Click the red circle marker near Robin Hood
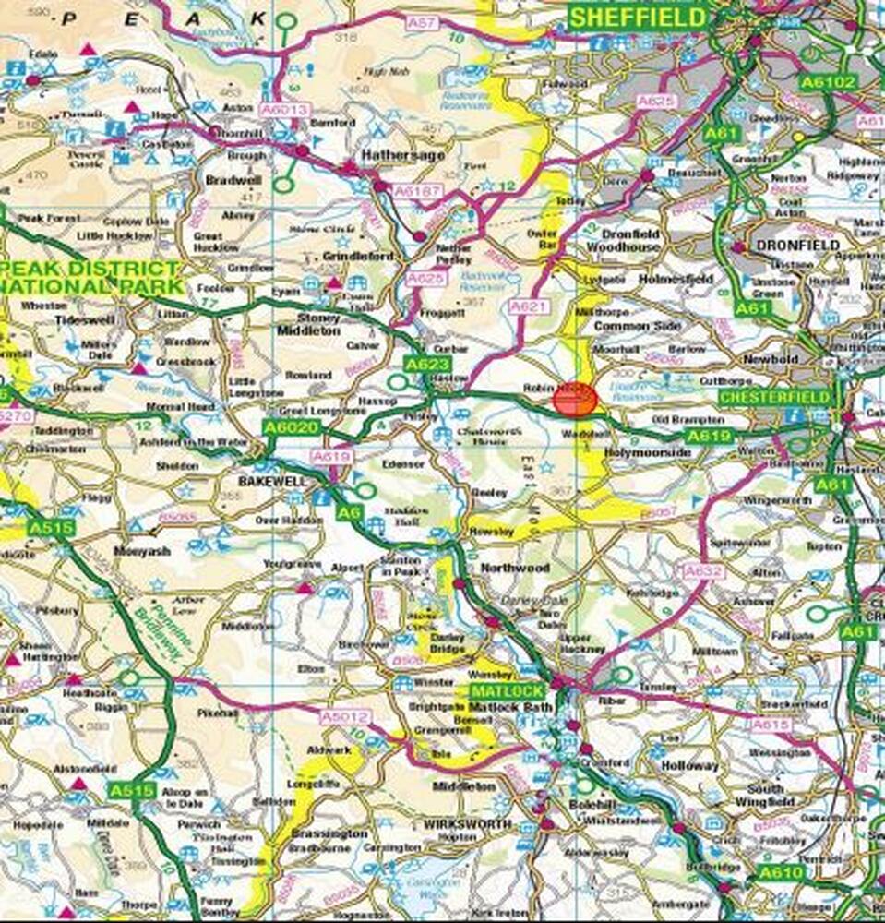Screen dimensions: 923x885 [575, 399]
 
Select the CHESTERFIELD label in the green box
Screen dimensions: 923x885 [762, 397]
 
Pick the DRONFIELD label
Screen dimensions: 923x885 [798, 246]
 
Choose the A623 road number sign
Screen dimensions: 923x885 [426, 364]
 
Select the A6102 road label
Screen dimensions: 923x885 [829, 82]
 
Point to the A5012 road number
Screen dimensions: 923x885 [345, 716]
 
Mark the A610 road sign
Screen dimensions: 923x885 [781, 872]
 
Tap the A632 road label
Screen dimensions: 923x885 [704, 572]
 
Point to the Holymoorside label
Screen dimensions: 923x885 [648, 453]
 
